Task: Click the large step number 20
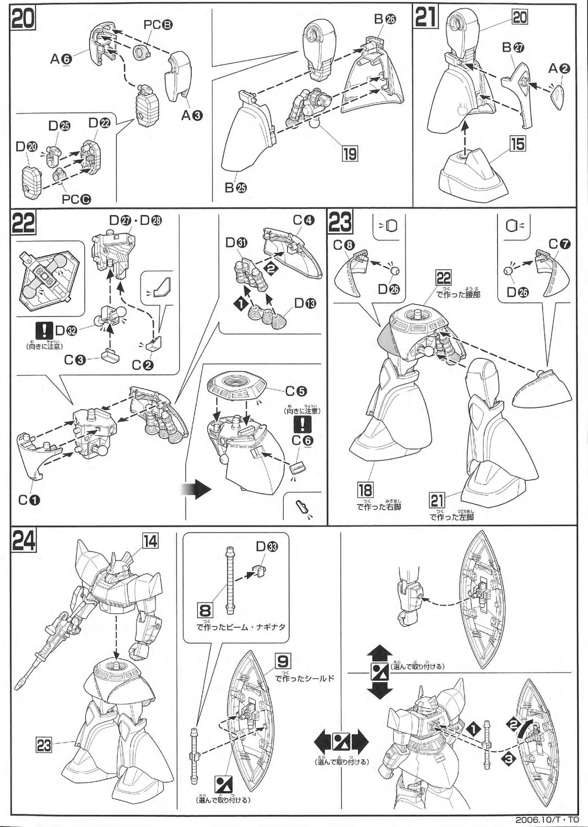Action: (23, 17)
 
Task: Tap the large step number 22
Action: (24, 223)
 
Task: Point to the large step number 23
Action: (341, 223)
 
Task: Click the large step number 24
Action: (24, 539)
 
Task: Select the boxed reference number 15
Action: (517, 145)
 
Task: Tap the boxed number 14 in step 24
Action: (150, 541)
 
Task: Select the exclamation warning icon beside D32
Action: (42, 331)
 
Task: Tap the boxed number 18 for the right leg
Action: (365, 490)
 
